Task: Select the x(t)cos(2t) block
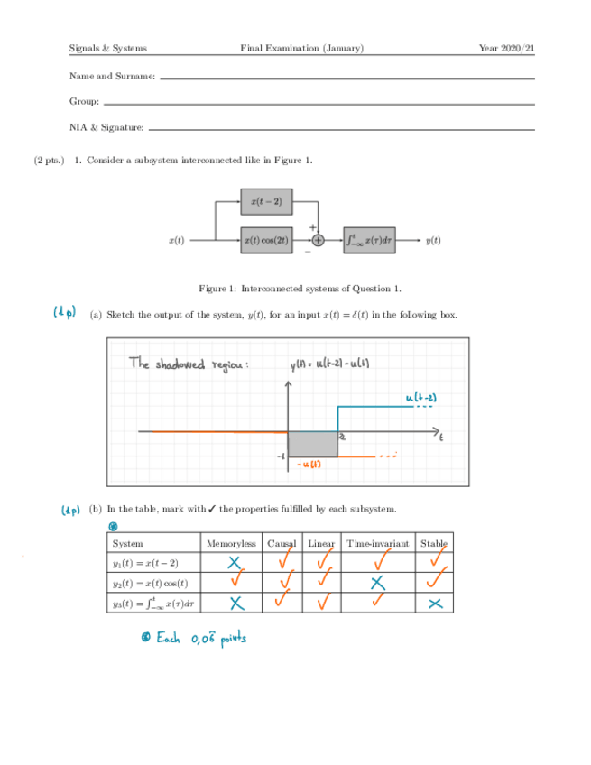pos(267,241)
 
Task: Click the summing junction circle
pos(319,241)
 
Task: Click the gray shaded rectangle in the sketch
pos(313,444)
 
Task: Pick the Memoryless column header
pos(231,544)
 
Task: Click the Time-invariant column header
pos(378,544)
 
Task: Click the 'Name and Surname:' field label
pos(112,78)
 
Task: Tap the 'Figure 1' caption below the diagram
pos(299,289)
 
